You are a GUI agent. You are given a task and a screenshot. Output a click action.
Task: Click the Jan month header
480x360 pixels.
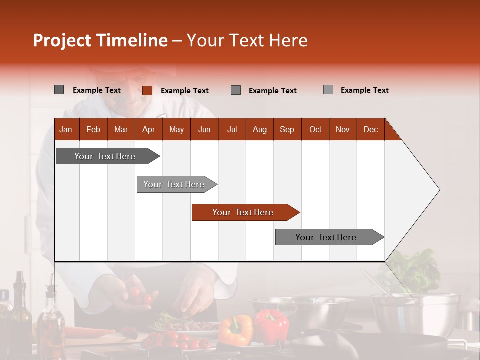(x=66, y=129)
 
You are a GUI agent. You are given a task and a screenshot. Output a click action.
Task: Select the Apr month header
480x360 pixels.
(x=148, y=129)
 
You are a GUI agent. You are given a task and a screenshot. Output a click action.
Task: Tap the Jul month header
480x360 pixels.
(x=232, y=129)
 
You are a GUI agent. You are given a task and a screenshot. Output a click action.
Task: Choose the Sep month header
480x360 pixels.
(x=287, y=129)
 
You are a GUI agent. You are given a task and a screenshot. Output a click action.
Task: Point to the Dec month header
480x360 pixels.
(x=370, y=129)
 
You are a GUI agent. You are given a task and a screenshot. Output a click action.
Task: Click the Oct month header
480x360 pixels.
(x=315, y=129)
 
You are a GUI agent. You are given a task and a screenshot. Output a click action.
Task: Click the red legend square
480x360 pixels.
(x=147, y=90)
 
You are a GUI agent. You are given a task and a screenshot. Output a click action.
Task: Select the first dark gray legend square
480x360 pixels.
(x=59, y=90)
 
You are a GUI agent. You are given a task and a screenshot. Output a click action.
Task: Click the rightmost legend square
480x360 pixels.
(x=328, y=90)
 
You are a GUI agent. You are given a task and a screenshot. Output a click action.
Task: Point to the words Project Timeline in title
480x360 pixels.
(x=100, y=40)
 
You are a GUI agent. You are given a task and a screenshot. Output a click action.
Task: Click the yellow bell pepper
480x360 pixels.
(x=236, y=330)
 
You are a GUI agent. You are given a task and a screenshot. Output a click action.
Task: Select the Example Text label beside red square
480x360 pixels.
(x=185, y=91)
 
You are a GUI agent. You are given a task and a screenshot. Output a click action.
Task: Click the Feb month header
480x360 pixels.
(x=93, y=129)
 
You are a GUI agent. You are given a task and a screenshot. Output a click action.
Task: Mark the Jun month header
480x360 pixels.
(x=204, y=129)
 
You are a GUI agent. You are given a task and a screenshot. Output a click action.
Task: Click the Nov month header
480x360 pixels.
(x=343, y=129)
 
